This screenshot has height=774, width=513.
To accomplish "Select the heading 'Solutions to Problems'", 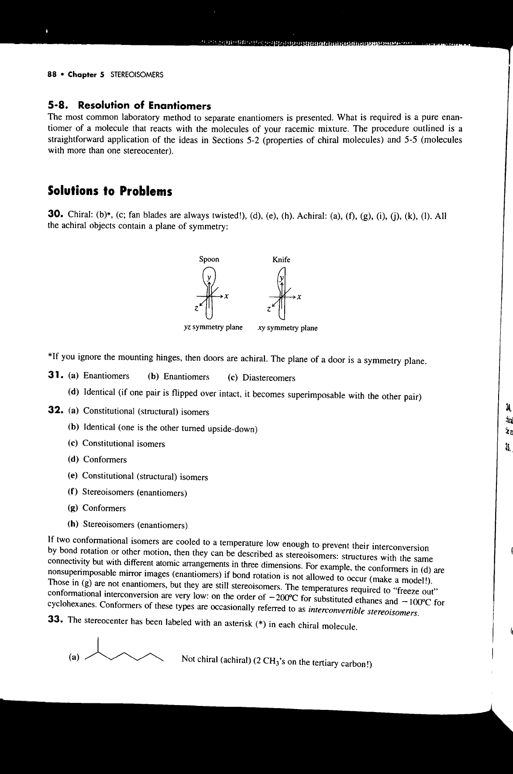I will [110, 192].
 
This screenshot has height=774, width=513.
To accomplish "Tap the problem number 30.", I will [54, 216].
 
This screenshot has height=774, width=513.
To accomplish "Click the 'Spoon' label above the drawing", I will [209, 260].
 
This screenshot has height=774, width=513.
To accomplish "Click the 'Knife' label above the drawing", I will [281, 260].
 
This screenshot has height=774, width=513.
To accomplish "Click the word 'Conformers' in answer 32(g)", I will [104, 508].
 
